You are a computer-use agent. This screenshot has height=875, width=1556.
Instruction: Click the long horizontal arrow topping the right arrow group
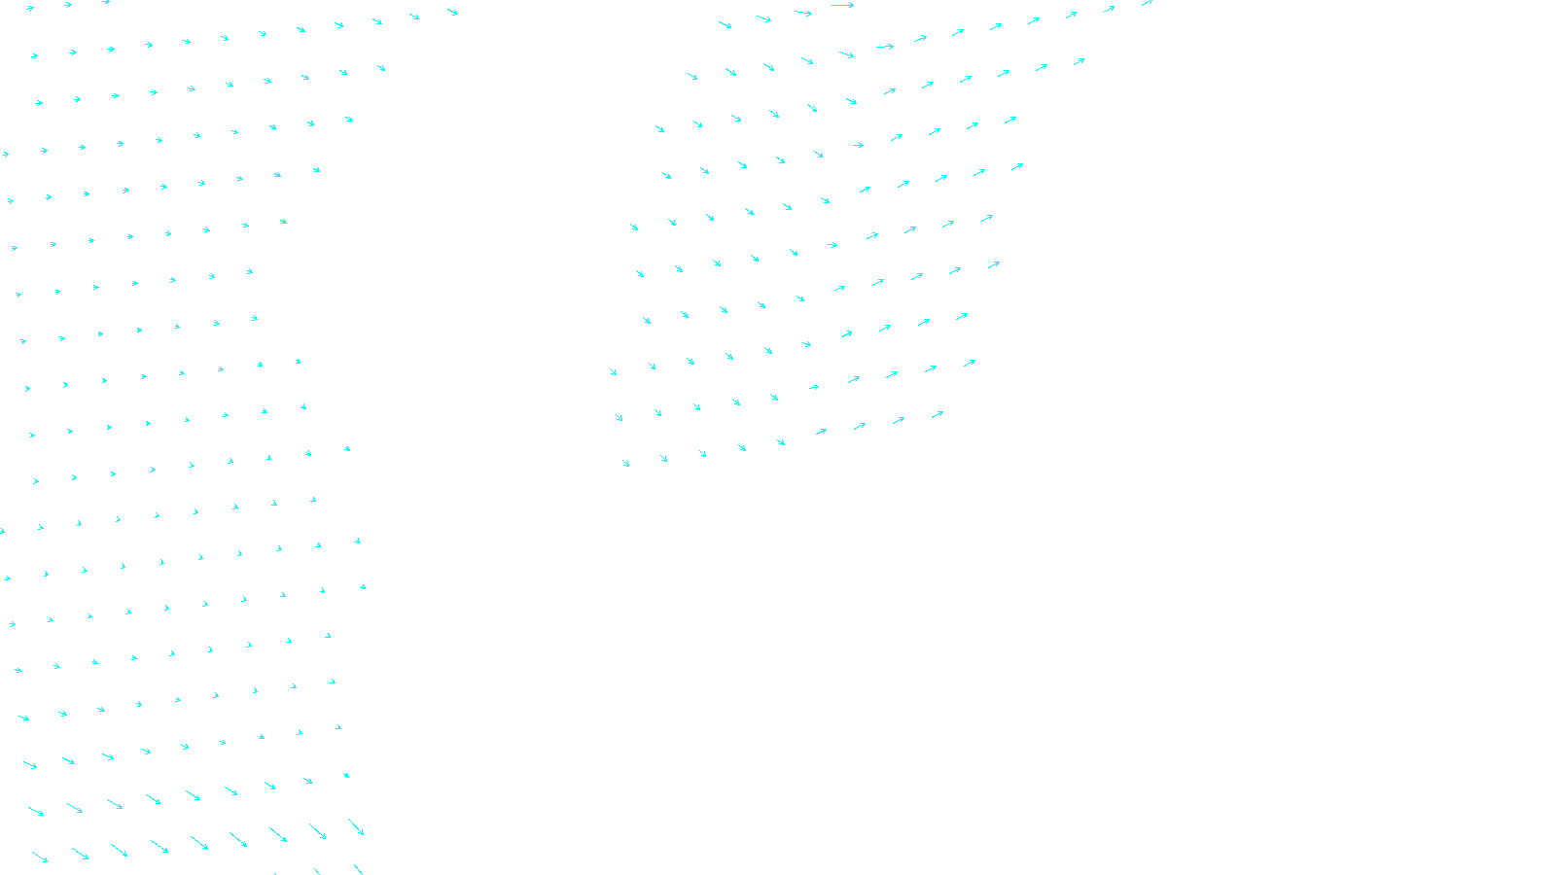842,5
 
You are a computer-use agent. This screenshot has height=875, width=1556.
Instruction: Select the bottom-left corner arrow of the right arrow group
625,463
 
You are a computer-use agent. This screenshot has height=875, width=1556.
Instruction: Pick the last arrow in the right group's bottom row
937,414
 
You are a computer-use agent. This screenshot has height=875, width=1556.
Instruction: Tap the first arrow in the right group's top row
725,23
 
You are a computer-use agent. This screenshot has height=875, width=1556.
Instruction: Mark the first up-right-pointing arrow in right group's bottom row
821,431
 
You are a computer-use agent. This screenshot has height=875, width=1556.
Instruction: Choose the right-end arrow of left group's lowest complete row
356,826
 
